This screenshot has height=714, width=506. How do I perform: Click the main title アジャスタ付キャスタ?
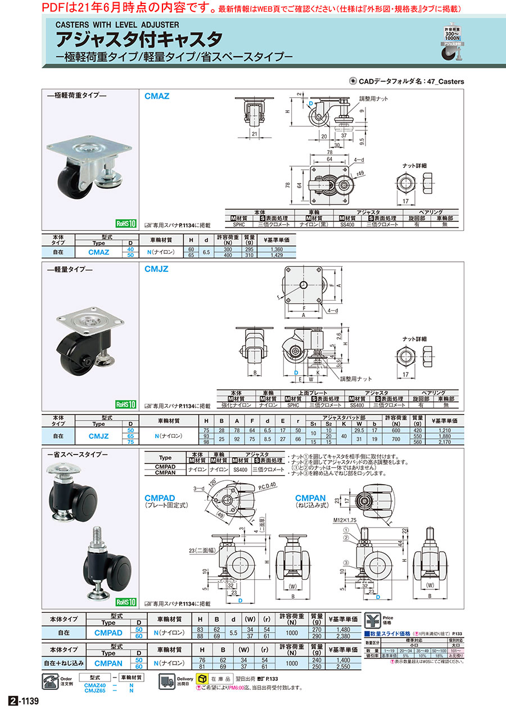138,39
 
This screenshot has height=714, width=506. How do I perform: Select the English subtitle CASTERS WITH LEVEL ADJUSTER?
116,25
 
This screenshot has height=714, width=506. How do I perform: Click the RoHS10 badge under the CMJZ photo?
126,404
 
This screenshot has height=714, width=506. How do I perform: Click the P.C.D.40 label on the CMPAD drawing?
269,484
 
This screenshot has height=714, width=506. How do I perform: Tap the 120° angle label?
212,483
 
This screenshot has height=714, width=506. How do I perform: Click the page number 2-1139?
23,701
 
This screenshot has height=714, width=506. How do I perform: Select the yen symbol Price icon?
372,621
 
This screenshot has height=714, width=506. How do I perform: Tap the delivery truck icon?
166,681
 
